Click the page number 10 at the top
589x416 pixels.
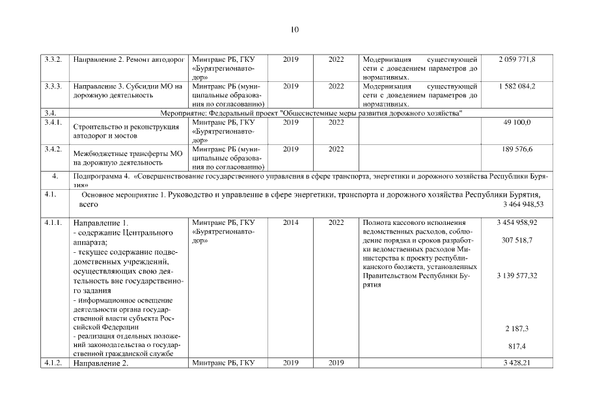pos(294,29)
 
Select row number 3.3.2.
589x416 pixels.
pos(53,60)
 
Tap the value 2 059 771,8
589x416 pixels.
pos(517,60)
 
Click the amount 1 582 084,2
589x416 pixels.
pos(517,86)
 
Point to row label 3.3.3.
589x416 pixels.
pos(53,86)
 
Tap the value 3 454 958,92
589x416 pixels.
pos(516,222)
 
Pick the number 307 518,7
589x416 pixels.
pos(516,240)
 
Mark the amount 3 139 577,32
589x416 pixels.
pos(516,276)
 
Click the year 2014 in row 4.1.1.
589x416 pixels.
pos(291,222)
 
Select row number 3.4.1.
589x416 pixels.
pos(53,122)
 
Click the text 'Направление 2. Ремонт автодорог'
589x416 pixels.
pos(127,60)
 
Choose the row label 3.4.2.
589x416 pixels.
pos(53,149)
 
